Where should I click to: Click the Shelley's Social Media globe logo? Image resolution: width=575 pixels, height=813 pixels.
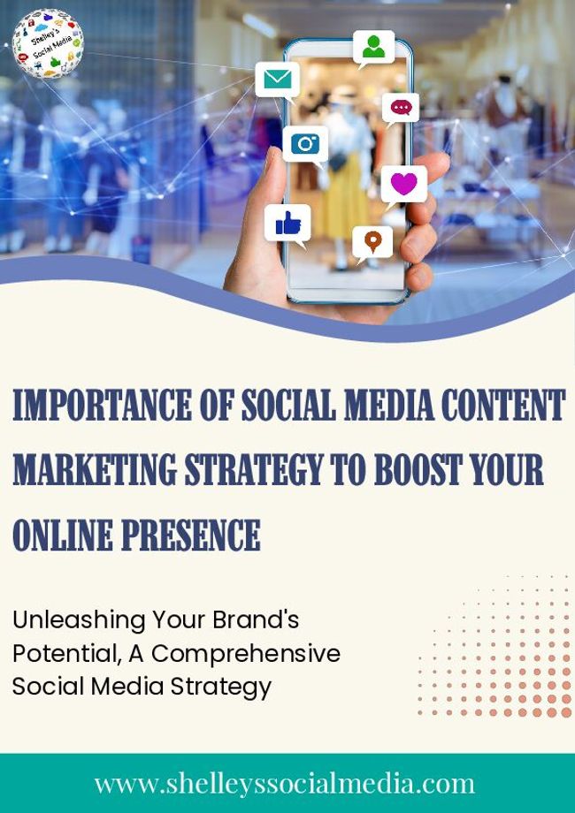[x=48, y=43]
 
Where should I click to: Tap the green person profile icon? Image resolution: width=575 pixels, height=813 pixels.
[x=373, y=47]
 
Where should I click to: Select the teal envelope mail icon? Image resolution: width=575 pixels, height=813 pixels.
[x=278, y=80]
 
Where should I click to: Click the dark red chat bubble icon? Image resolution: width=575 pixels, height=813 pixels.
[x=401, y=108]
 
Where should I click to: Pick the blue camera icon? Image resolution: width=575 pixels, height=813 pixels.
[x=305, y=144]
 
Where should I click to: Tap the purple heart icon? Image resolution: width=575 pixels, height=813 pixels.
[x=403, y=184]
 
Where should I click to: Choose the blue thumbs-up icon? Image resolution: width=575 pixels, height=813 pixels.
[x=287, y=224]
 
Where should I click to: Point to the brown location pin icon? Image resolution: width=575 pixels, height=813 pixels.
[x=372, y=241]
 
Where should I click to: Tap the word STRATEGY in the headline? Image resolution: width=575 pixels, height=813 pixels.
[x=254, y=469]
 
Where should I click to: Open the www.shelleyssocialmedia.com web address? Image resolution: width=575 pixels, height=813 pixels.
[x=284, y=784]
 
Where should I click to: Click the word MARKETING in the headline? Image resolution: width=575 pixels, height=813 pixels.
[x=95, y=469]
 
